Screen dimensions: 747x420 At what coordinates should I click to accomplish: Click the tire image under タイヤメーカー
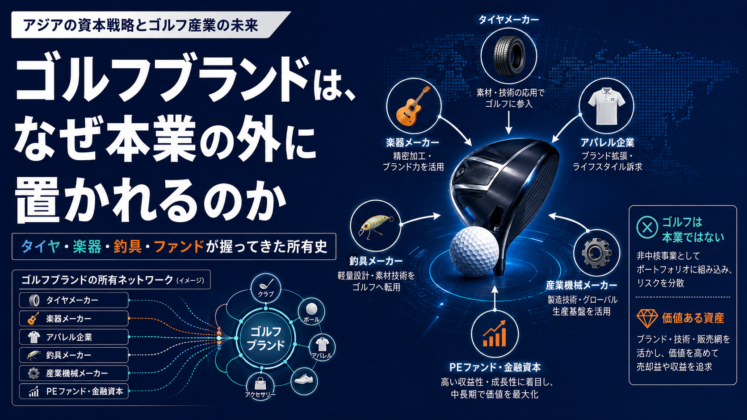pyautogui.click(x=509, y=56)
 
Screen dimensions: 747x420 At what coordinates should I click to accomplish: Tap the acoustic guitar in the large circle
pyautogui.click(x=413, y=106)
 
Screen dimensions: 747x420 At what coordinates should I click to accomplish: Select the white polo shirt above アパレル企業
pyautogui.click(x=607, y=106)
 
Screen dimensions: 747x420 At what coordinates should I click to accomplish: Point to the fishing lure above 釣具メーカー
pyautogui.click(x=376, y=226)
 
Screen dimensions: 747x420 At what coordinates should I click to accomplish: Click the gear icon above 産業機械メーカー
pyautogui.click(x=596, y=253)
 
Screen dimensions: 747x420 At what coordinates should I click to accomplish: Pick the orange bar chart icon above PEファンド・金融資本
pyautogui.click(x=495, y=334)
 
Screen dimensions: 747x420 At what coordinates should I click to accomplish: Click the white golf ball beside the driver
pyautogui.click(x=474, y=251)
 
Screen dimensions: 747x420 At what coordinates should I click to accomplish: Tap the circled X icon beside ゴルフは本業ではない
pyautogui.click(x=647, y=228)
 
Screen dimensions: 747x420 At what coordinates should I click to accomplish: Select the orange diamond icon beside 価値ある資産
pyautogui.click(x=647, y=318)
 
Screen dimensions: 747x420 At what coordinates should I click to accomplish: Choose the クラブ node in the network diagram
pyautogui.click(x=266, y=288)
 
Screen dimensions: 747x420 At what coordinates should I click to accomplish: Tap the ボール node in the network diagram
pyautogui.click(x=311, y=312)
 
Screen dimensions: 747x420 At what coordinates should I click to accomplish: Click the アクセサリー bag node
pyautogui.click(x=260, y=387)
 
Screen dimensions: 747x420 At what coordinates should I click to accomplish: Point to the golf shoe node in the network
pyautogui.click(x=304, y=381)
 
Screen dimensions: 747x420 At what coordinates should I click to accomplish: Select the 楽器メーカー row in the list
pyautogui.click(x=74, y=319)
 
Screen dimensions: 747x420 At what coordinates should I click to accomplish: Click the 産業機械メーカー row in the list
pyautogui.click(x=74, y=374)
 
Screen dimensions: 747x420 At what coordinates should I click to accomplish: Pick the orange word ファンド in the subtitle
pyautogui.click(x=179, y=247)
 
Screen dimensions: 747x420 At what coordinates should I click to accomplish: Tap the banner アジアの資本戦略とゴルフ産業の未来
pyautogui.click(x=151, y=25)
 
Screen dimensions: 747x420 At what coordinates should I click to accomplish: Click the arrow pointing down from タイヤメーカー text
pyautogui.click(x=508, y=122)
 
